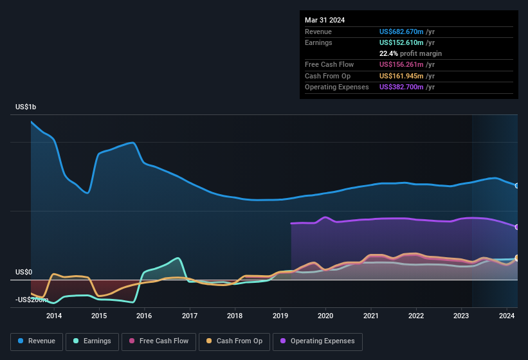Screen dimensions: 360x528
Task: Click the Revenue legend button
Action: point(37,341)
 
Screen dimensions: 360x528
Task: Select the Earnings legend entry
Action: point(93,341)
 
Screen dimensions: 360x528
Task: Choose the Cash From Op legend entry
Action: point(235,341)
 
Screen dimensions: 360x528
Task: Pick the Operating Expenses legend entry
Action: point(318,341)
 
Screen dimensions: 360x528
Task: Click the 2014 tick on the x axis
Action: point(54,316)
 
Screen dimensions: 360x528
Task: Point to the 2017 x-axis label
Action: point(190,316)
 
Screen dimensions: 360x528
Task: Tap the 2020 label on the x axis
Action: point(325,316)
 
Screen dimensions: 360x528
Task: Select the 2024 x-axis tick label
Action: point(507,316)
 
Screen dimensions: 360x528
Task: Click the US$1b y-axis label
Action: point(26,107)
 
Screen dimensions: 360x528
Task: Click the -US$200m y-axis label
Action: point(32,300)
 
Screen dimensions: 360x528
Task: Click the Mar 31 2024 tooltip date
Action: point(325,20)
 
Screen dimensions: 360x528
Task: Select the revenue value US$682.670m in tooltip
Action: point(402,32)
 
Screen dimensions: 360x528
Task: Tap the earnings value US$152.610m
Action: point(402,42)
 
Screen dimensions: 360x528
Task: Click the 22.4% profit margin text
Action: point(410,53)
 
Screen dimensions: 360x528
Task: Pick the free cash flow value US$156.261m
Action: point(402,64)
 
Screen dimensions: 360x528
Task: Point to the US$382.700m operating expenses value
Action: point(402,87)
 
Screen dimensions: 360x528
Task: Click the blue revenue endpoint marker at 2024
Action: point(517,186)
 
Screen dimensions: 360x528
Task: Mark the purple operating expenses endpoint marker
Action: point(517,227)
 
